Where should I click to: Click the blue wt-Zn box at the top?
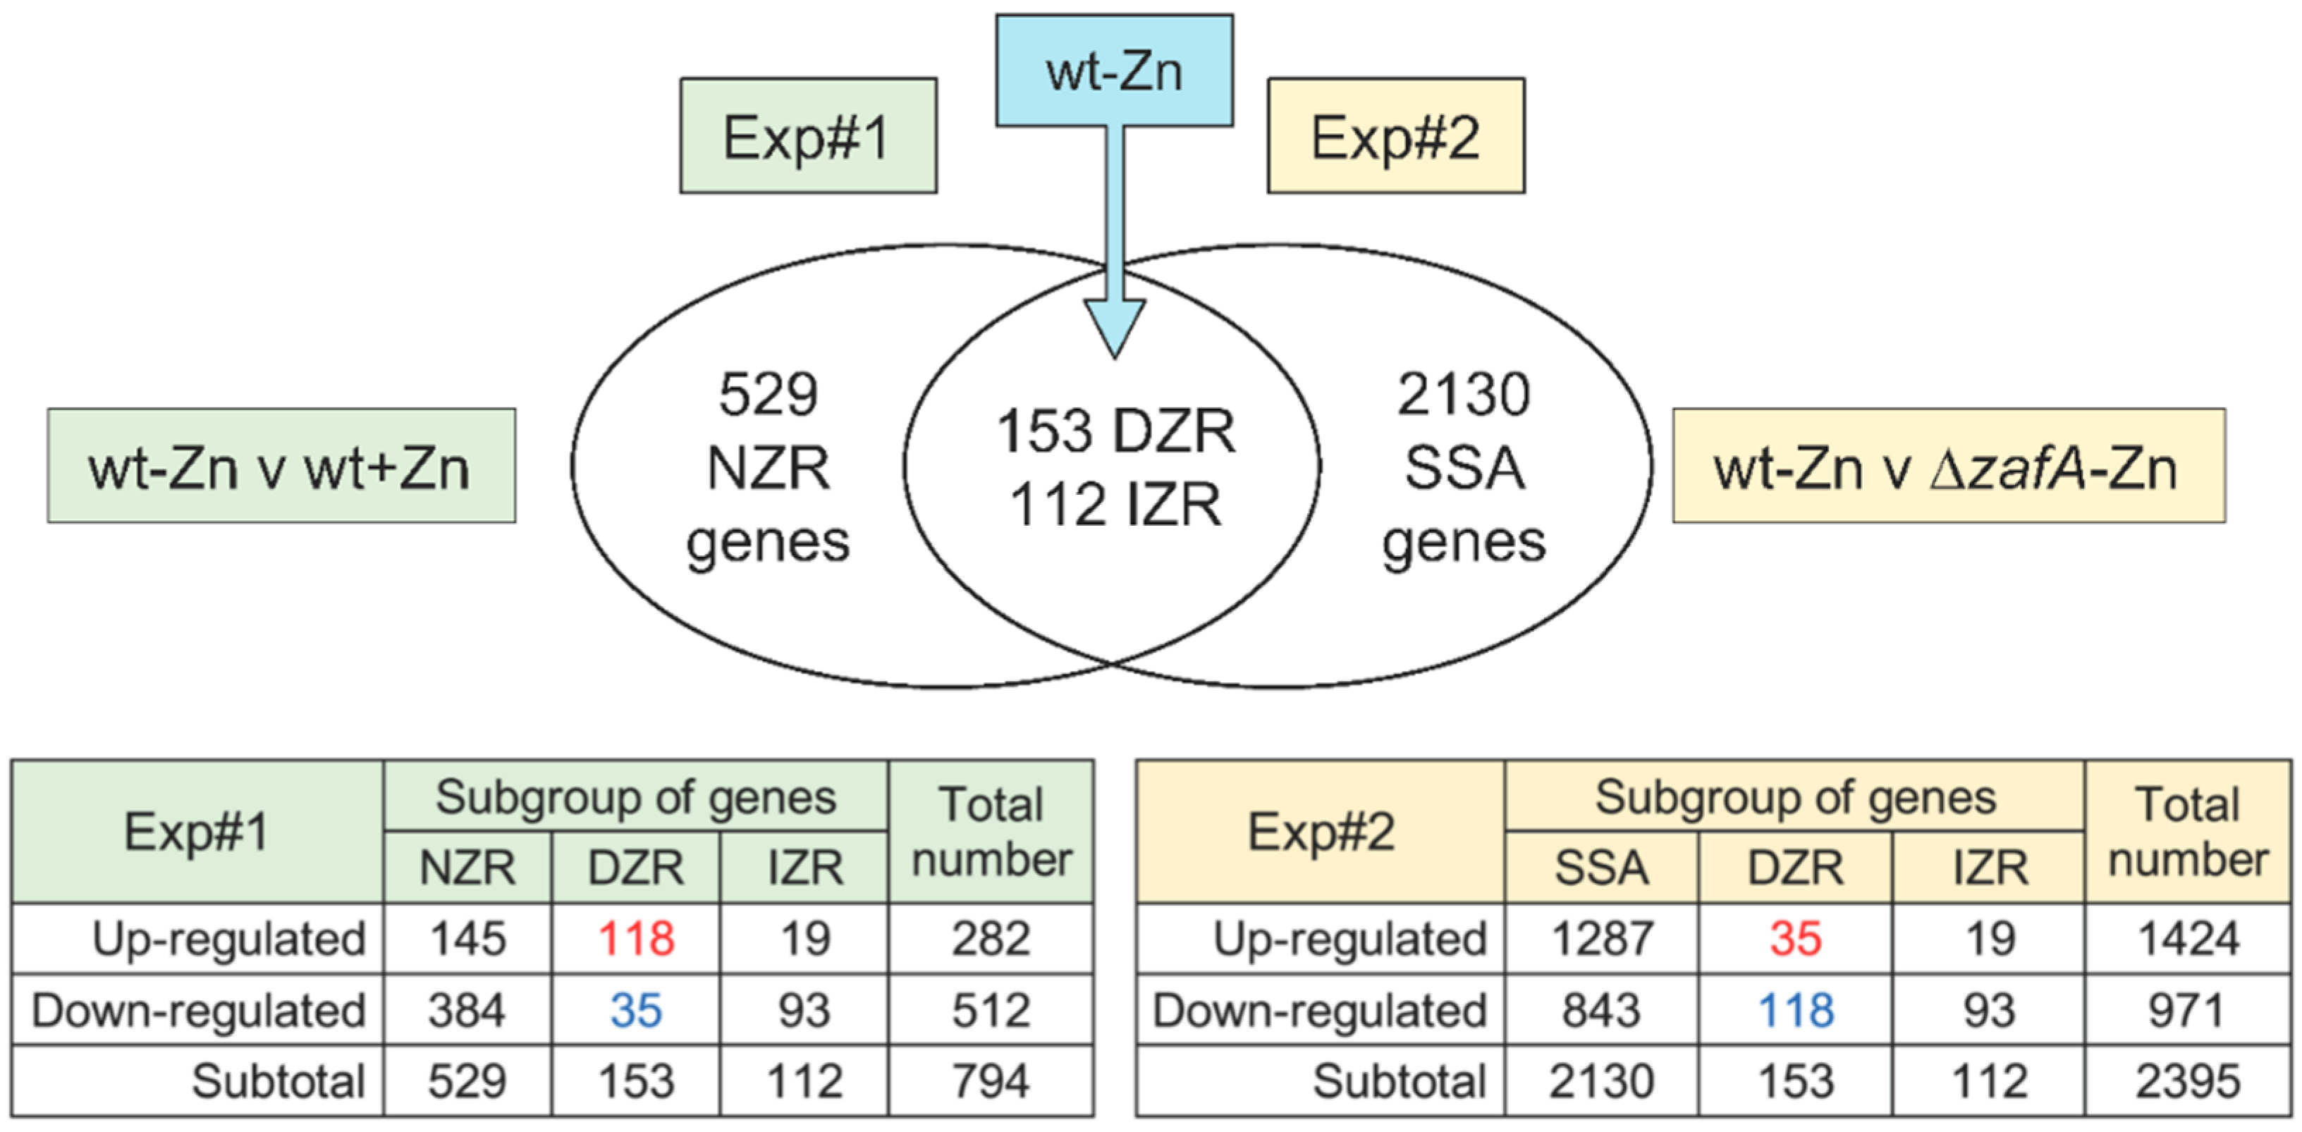[1115, 70]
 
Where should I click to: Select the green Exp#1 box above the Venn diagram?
[808, 136]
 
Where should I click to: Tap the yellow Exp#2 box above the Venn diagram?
[1396, 136]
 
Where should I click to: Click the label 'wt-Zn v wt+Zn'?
[281, 467]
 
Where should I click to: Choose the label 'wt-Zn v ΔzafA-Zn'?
[1948, 467]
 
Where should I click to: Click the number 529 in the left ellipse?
[768, 395]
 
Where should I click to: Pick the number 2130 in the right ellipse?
[1464, 395]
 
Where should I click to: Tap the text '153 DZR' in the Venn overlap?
[1115, 431]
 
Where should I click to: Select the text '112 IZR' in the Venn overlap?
[1115, 505]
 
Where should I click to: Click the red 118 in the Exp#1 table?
[635, 939]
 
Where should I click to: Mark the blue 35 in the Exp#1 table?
[635, 1011]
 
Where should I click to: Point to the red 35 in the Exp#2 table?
[1795, 939]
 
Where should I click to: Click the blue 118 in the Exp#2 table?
[1795, 1011]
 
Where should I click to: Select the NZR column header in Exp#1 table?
[467, 868]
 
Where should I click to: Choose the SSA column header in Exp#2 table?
[1601, 868]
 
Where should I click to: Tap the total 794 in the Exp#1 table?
[990, 1081]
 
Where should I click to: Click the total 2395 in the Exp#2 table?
[2188, 1081]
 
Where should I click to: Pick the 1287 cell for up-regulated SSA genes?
[1601, 939]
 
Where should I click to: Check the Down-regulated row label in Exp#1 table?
[198, 1011]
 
